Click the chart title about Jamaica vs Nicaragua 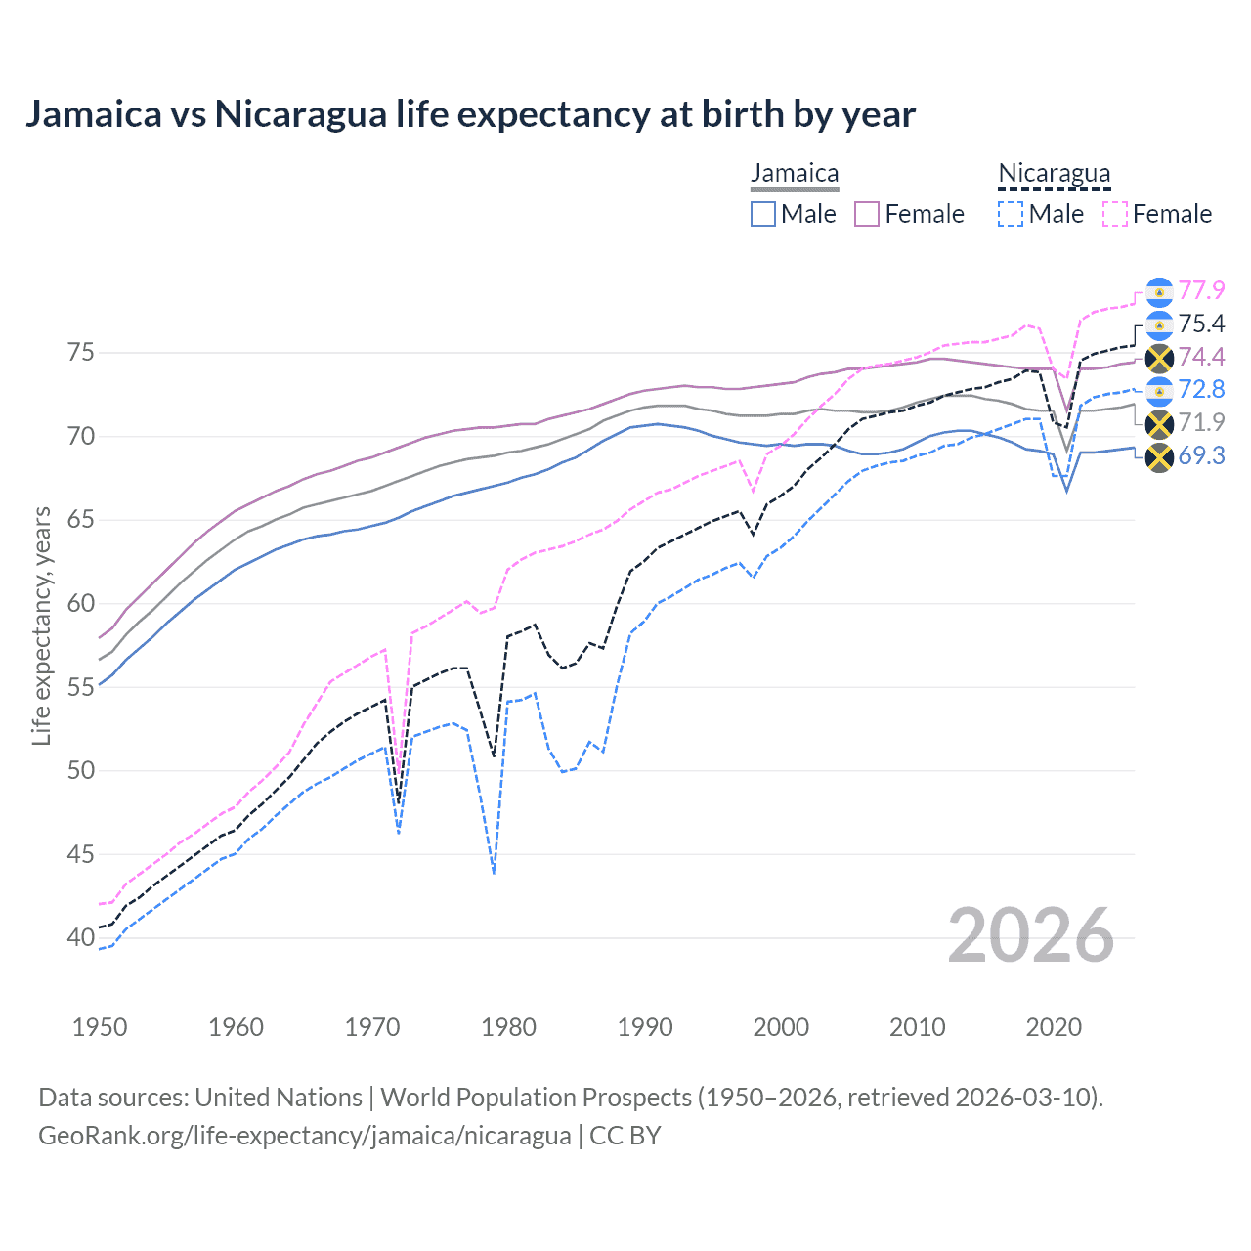[470, 114]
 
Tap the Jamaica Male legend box [763, 214]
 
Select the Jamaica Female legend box [867, 214]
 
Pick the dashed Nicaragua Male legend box [1011, 214]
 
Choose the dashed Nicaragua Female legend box [1114, 214]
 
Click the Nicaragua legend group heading [1054, 174]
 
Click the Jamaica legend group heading [795, 174]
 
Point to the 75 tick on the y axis [81, 352]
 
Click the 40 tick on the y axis [81, 937]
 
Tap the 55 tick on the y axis [81, 687]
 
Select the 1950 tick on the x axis [100, 1027]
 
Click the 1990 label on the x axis [645, 1027]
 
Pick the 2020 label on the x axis [1054, 1027]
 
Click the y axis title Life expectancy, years [41, 625]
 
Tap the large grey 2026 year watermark [1031, 935]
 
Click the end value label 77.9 [1201, 291]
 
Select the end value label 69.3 [1201, 455]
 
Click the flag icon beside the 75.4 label [1159, 324]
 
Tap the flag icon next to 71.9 [1159, 423]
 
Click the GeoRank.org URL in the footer [305, 1136]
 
